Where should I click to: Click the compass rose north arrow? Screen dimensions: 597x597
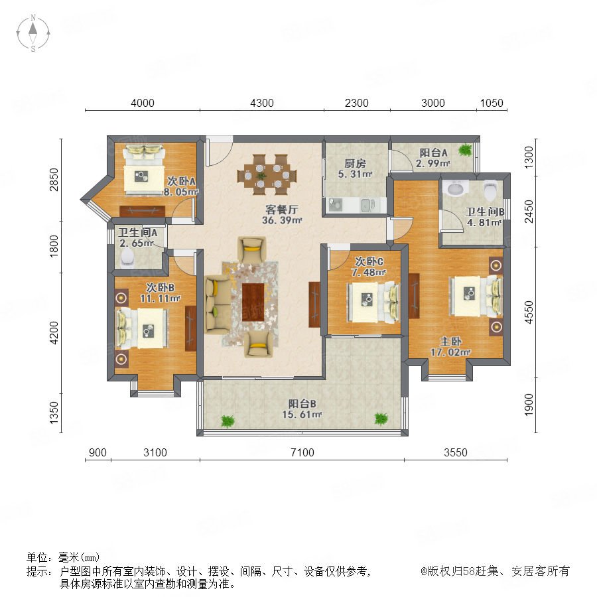pyautogui.click(x=33, y=29)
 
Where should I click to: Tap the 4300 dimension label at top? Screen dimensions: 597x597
pyautogui.click(x=262, y=103)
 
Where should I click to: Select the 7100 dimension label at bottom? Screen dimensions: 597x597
pyautogui.click(x=302, y=452)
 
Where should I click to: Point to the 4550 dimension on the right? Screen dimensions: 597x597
pyautogui.click(x=529, y=312)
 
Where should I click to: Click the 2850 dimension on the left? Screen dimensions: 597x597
pyautogui.click(x=54, y=179)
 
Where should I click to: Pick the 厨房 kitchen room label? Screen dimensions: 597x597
pyautogui.click(x=355, y=163)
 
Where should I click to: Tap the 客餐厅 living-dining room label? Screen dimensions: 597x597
pyautogui.click(x=282, y=209)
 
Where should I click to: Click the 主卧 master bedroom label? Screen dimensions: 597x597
pyautogui.click(x=451, y=341)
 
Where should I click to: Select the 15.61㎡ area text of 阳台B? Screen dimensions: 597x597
pyautogui.click(x=302, y=414)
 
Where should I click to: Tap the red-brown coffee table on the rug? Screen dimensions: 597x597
pyautogui.click(x=253, y=302)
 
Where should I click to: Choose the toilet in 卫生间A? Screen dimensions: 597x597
pyautogui.click(x=127, y=258)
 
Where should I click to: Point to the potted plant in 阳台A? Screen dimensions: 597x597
pyautogui.click(x=465, y=150)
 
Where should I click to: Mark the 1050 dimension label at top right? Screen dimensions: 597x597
pyautogui.click(x=492, y=103)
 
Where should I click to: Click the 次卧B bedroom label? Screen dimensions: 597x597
pyautogui.click(x=161, y=287)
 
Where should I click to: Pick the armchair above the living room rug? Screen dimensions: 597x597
pyautogui.click(x=251, y=249)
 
